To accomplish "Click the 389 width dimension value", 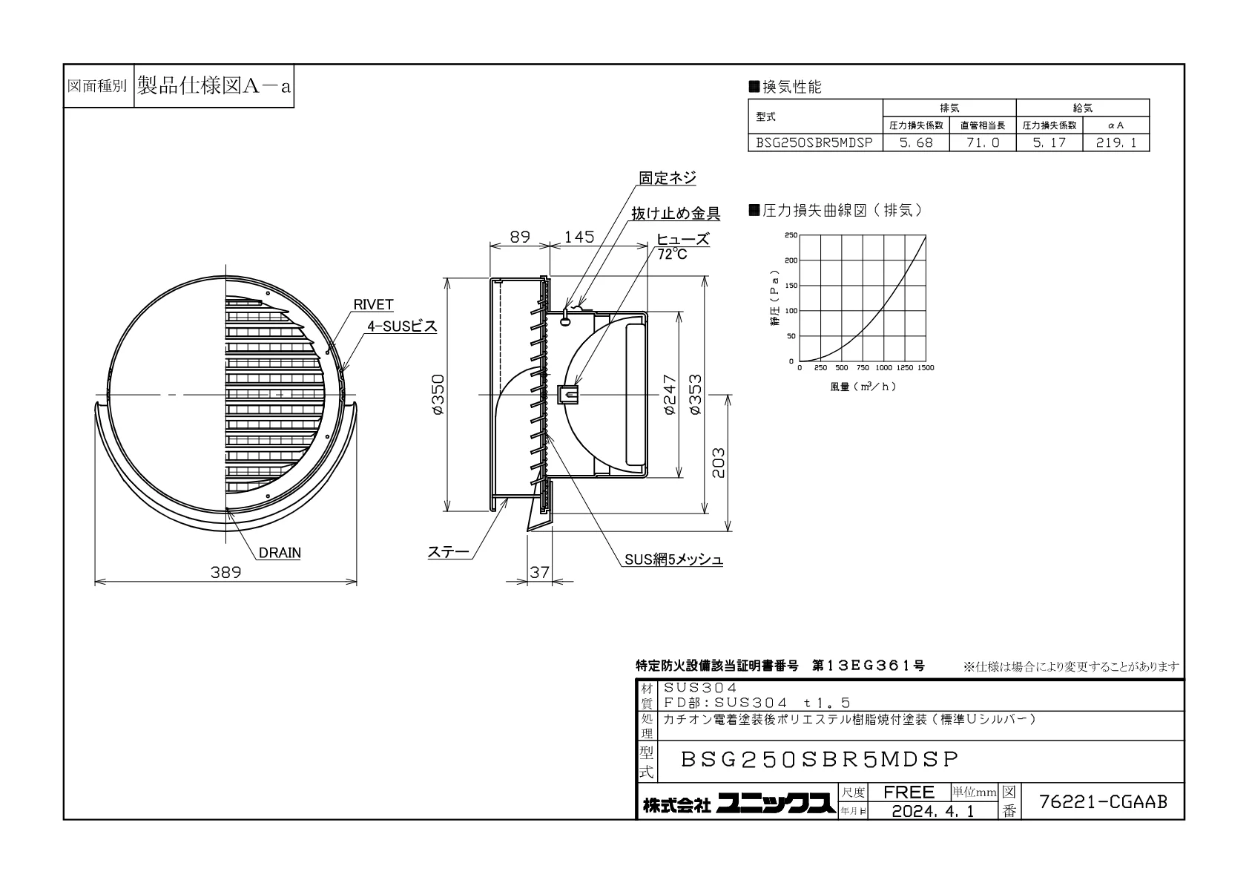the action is pyautogui.click(x=225, y=572).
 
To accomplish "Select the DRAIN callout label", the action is pyautogui.click(x=280, y=553).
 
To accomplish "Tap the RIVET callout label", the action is pyautogui.click(x=374, y=304).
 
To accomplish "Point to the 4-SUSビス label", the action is pyautogui.click(x=402, y=326).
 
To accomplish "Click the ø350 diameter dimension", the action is pyautogui.click(x=438, y=394).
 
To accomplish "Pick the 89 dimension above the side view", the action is pyautogui.click(x=520, y=237).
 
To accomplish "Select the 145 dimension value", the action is pyautogui.click(x=579, y=237).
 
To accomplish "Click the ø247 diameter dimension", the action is pyautogui.click(x=670, y=394).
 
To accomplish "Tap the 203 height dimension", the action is pyautogui.click(x=719, y=463).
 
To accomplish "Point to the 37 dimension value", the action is pyautogui.click(x=539, y=572).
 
